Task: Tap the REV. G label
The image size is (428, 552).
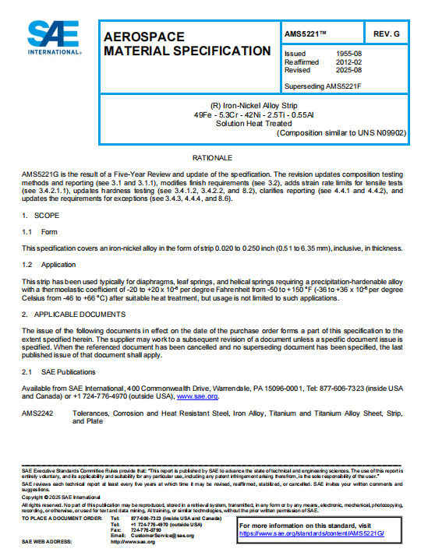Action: click(386, 34)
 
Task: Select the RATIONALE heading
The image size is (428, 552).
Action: click(213, 158)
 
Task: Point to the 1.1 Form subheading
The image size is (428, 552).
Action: click(40, 231)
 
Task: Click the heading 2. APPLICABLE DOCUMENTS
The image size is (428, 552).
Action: click(74, 315)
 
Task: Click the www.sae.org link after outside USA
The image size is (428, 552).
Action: click(197, 397)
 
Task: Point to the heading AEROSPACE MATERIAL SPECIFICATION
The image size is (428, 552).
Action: click(187, 44)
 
